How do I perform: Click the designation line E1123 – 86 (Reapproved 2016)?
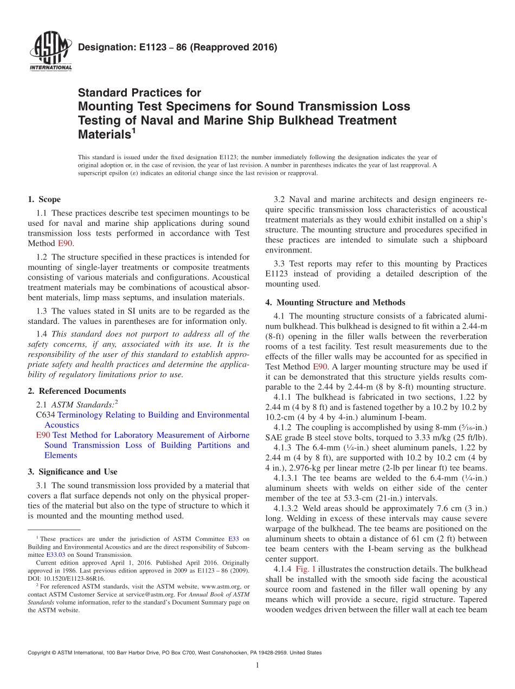(177, 47)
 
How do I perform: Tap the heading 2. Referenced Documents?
(76, 391)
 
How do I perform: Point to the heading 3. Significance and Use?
(72, 472)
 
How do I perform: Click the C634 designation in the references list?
(43, 415)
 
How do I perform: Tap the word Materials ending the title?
(105, 134)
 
